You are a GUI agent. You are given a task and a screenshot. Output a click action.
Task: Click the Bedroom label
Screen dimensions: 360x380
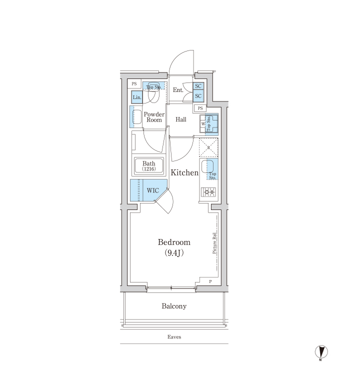pos(174,242)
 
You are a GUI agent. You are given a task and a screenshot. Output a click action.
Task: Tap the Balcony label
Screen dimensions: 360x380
pos(174,306)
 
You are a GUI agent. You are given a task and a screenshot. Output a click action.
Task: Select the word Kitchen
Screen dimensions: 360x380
pos(184,172)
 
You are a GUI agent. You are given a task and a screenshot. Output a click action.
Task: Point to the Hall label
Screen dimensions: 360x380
pos(181,119)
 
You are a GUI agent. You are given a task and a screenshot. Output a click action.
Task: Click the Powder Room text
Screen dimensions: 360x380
pos(154,117)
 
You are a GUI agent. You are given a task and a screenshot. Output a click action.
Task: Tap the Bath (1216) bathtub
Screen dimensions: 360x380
pos(149,166)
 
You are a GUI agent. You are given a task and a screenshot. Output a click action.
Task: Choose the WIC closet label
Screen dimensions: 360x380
pos(153,190)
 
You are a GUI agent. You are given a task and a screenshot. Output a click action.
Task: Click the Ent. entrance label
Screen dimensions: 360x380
pos(178,90)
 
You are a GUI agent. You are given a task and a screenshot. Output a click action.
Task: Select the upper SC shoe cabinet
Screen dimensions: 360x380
pos(198,86)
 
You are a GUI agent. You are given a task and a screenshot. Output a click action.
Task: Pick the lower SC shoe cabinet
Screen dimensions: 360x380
pos(198,96)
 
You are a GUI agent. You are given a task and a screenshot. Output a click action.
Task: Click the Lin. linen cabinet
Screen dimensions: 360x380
pos(136,97)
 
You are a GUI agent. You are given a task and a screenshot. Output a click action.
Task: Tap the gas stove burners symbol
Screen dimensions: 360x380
pos(208,192)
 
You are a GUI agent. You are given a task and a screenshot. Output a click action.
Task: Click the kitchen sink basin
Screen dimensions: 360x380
pos(207,166)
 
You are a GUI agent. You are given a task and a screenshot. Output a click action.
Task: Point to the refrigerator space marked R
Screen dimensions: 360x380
pos(208,147)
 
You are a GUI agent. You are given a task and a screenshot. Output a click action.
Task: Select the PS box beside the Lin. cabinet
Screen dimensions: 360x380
pos(134,84)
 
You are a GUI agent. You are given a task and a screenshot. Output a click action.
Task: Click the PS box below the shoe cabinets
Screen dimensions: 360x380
pos(200,108)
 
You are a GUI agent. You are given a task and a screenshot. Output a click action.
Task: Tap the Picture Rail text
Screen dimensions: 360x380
pos(214,243)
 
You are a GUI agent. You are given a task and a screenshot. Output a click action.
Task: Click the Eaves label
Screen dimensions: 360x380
pos(174,337)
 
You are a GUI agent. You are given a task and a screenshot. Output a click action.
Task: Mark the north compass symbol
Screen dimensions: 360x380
pos(321,352)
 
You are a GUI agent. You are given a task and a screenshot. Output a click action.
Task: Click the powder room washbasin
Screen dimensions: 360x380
pos(137,117)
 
